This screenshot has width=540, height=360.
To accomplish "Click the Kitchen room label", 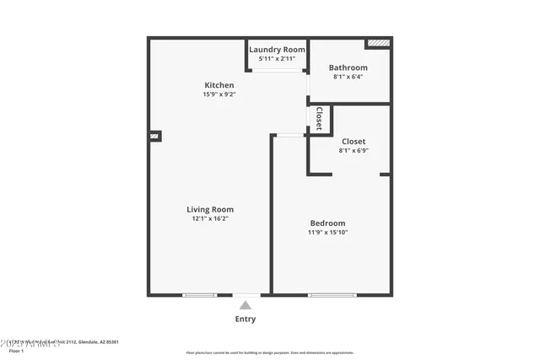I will (219, 85).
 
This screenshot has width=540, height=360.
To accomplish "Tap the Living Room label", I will (210, 209).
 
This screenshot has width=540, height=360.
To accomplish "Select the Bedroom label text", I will (327, 223).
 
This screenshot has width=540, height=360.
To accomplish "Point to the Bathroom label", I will (348, 67).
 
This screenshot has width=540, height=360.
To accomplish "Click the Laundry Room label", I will (277, 50).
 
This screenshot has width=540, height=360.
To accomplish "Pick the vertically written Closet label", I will (319, 118).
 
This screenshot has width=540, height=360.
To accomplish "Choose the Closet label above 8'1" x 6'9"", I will (353, 141).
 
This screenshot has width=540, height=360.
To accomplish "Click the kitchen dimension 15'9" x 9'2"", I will (219, 94).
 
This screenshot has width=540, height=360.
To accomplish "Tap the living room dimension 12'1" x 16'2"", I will (210, 218).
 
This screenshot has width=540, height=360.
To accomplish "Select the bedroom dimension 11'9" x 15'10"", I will (327, 232).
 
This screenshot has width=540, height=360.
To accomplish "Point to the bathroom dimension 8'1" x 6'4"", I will (348, 78).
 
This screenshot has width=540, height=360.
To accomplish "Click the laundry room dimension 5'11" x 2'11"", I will (277, 59).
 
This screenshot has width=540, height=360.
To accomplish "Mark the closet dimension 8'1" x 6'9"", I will (353, 151).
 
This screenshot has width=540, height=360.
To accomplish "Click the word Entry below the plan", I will (245, 320).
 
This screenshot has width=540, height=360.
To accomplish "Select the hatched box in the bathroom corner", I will (378, 42).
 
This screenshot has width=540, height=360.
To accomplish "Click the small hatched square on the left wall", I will (154, 135).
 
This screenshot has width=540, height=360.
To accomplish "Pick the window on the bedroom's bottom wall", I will (332, 294).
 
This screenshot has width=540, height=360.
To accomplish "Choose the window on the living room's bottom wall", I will (200, 294).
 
